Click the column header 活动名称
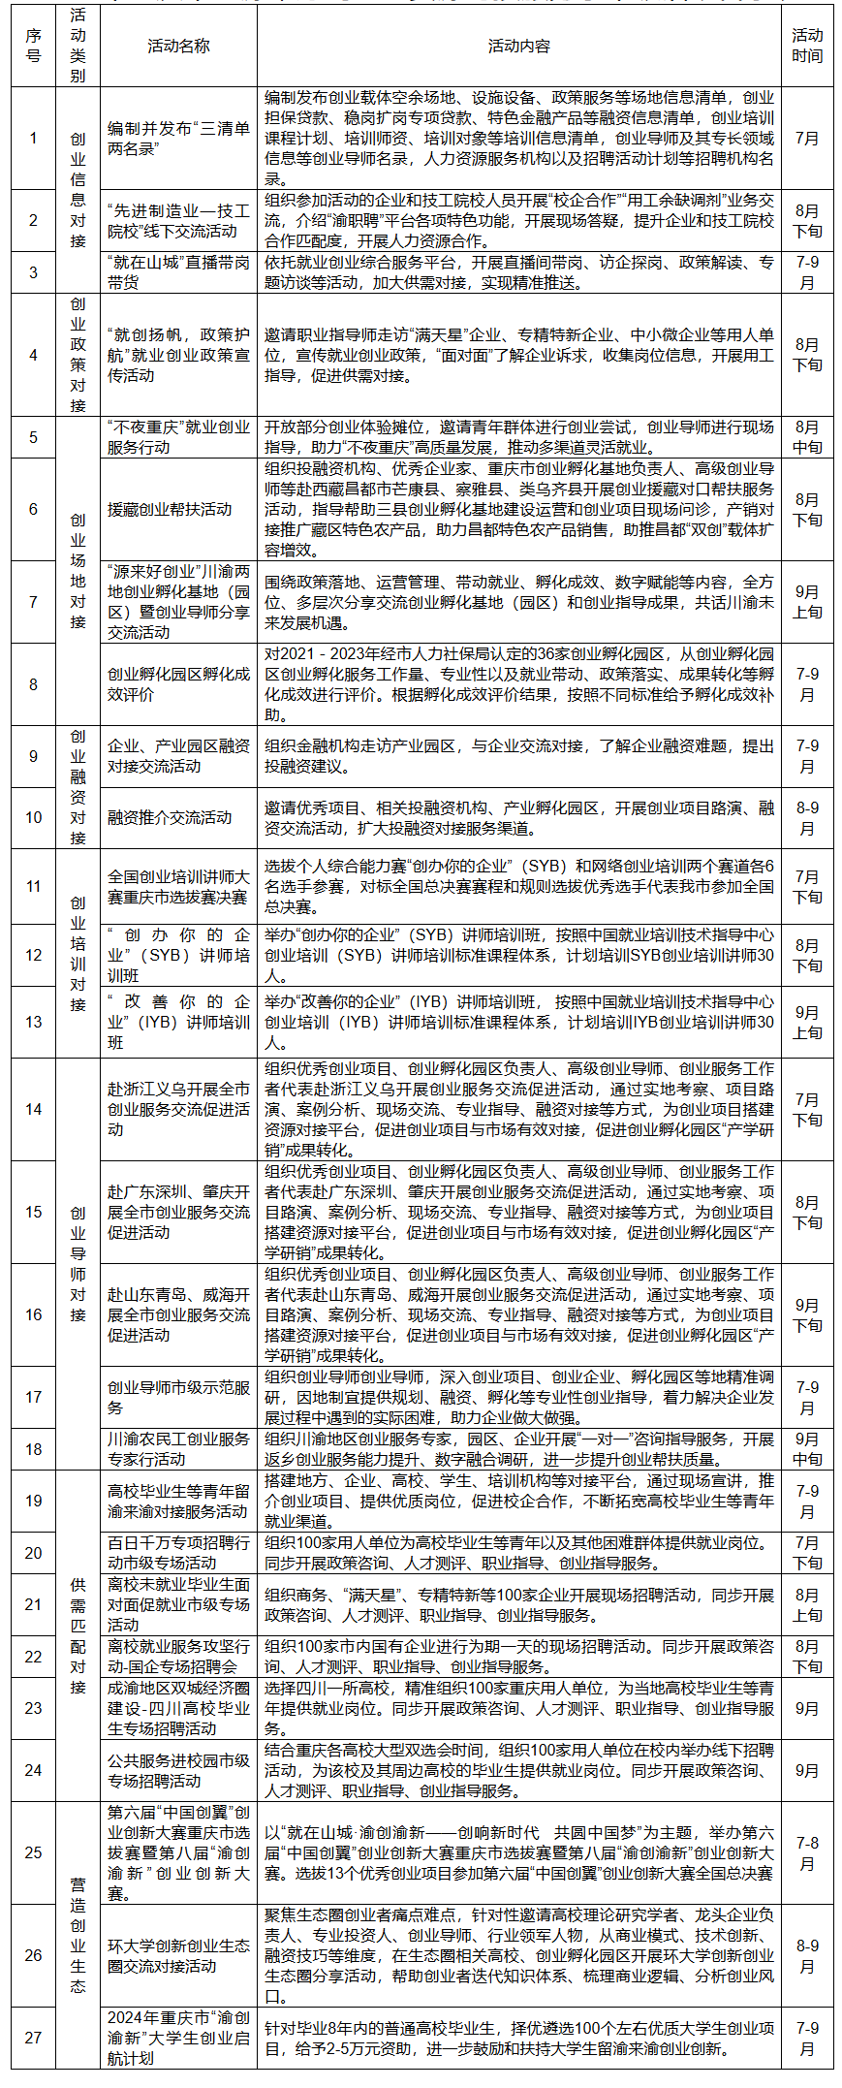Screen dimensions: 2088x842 (178, 46)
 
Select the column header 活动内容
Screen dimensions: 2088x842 (518, 46)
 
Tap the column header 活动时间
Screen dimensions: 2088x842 (806, 46)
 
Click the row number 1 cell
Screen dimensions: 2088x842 (34, 138)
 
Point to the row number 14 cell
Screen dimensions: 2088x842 (34, 1109)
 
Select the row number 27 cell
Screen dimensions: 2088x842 (34, 2037)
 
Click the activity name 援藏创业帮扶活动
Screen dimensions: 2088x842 (170, 509)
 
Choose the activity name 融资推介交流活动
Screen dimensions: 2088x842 (170, 817)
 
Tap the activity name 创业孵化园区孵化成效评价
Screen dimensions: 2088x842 (178, 684)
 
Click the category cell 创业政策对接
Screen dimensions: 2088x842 (78, 355)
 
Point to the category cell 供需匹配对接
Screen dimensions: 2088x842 (78, 1635)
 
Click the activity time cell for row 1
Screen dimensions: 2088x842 (806, 138)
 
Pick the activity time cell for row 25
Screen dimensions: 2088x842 (806, 1852)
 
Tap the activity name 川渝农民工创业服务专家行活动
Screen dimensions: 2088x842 (178, 1448)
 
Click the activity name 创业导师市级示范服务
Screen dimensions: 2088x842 (178, 1397)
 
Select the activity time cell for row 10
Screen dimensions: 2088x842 (806, 817)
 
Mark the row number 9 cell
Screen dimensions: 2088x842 (34, 756)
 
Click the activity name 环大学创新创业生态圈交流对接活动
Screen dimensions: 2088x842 (178, 1955)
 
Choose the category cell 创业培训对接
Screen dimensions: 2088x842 (78, 953)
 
